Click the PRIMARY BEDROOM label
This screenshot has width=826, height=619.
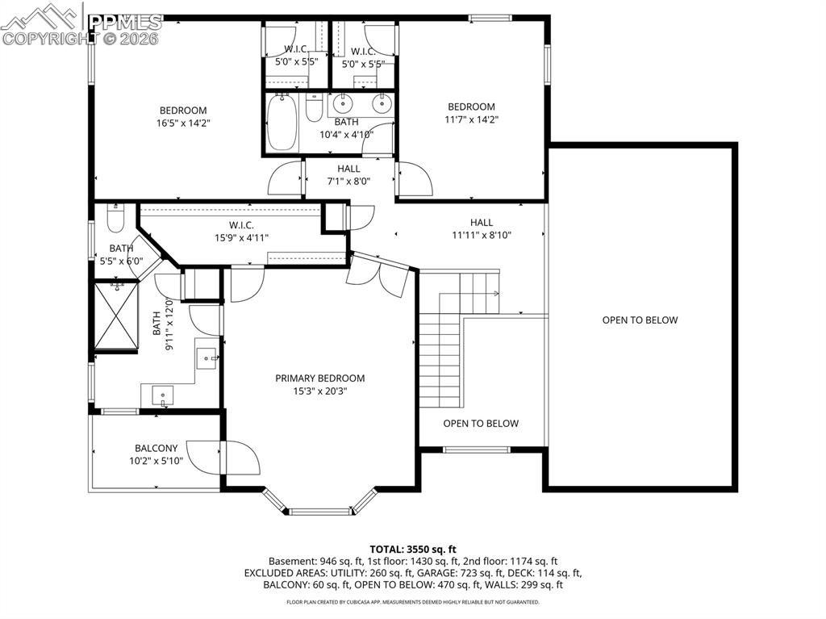click(x=319, y=378)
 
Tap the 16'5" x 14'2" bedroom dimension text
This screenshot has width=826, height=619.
click(x=183, y=123)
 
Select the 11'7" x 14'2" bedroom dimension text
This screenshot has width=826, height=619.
click(x=472, y=119)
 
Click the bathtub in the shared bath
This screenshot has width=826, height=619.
click(x=282, y=122)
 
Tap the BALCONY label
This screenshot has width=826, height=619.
click(x=156, y=449)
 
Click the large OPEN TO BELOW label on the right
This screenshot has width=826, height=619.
click(x=640, y=320)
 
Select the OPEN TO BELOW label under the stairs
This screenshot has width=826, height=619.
click(x=481, y=424)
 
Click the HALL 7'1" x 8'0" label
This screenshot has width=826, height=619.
click(x=348, y=175)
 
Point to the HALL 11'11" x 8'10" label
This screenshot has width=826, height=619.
click(x=481, y=229)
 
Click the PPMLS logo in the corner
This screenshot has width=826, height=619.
click(x=81, y=24)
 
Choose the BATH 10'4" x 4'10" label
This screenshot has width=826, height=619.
click(x=346, y=128)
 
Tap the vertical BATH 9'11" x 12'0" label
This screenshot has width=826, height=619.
click(x=163, y=324)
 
